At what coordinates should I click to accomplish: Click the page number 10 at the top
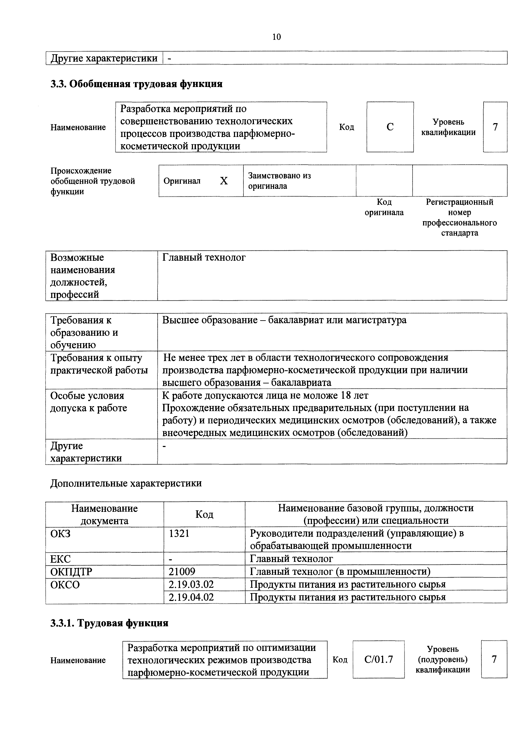(276, 37)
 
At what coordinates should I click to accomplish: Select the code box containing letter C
(390, 127)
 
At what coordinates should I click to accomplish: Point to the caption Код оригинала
(384, 207)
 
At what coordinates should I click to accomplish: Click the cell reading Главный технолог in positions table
(204, 258)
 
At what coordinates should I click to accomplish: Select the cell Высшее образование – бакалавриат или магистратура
(284, 320)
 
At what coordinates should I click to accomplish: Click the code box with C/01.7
(379, 659)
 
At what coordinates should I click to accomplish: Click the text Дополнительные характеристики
(126, 483)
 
